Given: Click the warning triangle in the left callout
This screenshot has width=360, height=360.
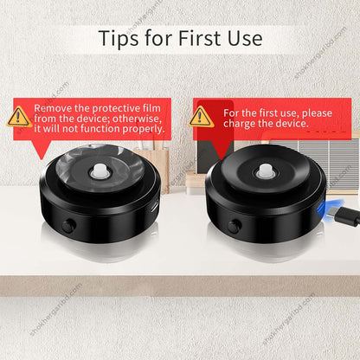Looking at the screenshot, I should pyautogui.click(x=19, y=117).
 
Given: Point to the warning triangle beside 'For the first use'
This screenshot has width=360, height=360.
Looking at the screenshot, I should pyautogui.click(x=201, y=117).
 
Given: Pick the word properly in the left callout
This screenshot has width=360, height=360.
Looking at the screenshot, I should pyautogui.click(x=142, y=129).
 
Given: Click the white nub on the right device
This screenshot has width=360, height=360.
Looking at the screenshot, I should pyautogui.click(x=266, y=173).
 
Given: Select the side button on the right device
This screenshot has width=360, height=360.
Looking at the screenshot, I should pyautogui.click(x=234, y=226).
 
